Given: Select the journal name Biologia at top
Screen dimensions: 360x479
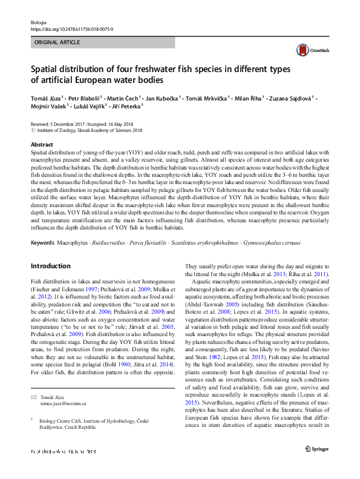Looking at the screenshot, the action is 38,22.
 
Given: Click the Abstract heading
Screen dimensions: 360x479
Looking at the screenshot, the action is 41,145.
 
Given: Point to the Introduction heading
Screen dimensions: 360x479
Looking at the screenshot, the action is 50,266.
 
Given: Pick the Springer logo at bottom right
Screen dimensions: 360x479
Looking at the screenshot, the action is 316,465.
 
